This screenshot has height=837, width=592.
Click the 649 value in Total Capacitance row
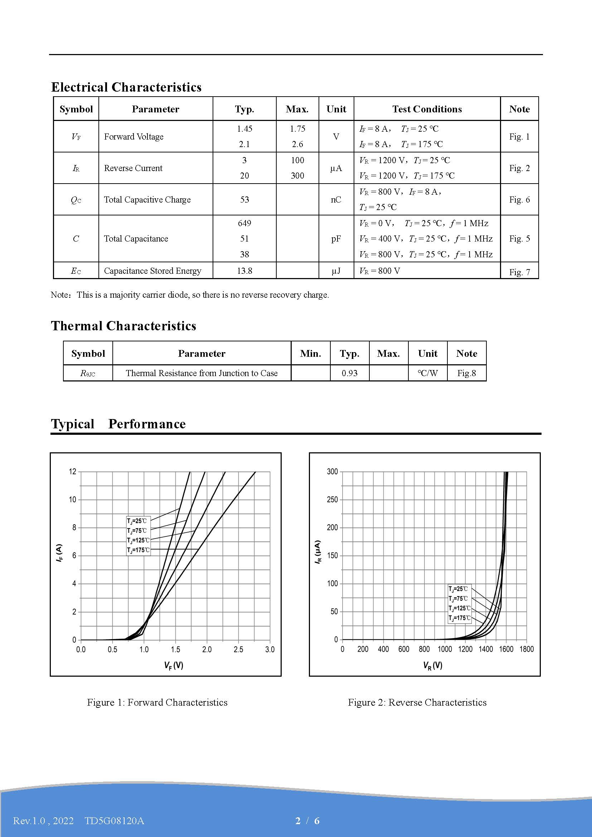[244, 223]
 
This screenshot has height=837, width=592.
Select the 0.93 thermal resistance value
[349, 373]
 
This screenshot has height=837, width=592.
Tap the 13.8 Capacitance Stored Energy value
[244, 271]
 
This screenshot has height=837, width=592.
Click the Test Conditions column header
[427, 109]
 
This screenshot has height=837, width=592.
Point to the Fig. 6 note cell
[519, 199]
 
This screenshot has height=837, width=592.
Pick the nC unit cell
[336, 199]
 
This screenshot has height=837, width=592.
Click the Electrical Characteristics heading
[126, 87]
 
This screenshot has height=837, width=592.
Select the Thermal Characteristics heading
[123, 326]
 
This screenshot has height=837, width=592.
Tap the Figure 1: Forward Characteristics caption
[157, 702]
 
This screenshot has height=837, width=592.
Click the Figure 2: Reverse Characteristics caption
[417, 702]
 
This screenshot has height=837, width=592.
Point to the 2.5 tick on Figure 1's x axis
[238, 649]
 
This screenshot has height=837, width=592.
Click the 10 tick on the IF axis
[73, 500]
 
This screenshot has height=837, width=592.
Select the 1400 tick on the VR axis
[486, 649]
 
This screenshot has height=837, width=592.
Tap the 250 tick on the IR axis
[332, 500]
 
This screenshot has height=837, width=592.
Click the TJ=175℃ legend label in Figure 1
[138, 550]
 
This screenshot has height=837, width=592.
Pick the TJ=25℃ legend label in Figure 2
[458, 589]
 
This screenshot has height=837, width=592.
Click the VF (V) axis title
[174, 665]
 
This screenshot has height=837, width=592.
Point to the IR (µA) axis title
[318, 552]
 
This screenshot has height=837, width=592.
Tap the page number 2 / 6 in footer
[307, 821]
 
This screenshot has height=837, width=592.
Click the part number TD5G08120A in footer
[115, 821]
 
